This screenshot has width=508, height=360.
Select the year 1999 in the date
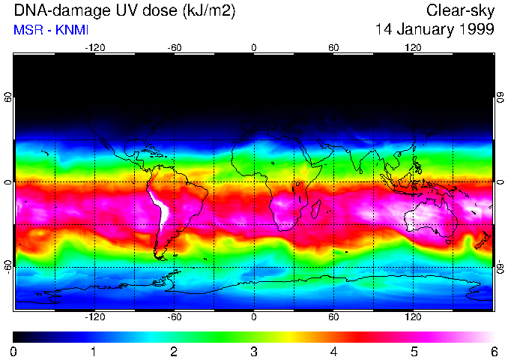pos(477,30)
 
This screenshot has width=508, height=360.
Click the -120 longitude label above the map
pos(94,47)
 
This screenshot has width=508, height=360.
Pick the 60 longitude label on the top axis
pos(333,47)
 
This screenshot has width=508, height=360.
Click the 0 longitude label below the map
pos(254,318)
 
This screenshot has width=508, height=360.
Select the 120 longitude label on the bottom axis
pos(413,318)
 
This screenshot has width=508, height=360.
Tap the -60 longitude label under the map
pos(175,318)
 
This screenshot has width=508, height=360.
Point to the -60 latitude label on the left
pos(8,266)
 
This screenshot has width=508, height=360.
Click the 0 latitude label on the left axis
pos(8,182)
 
